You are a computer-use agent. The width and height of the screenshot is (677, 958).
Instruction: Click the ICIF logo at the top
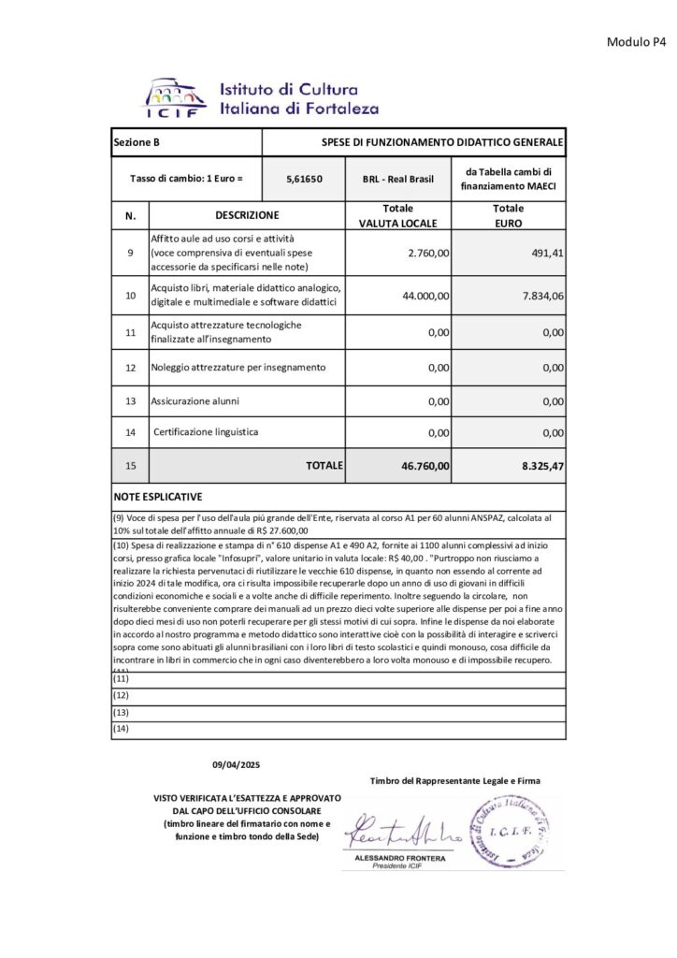(x=175, y=97)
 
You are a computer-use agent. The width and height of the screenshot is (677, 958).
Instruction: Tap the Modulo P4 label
(x=636, y=42)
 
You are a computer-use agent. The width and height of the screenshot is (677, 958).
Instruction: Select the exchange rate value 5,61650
(x=305, y=178)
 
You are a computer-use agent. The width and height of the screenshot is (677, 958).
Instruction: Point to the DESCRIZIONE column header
(x=247, y=215)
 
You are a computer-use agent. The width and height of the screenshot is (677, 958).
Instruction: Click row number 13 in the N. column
(x=130, y=400)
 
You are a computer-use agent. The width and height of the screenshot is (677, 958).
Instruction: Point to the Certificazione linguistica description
(x=206, y=432)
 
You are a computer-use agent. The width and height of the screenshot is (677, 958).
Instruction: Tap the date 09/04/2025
(x=236, y=765)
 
